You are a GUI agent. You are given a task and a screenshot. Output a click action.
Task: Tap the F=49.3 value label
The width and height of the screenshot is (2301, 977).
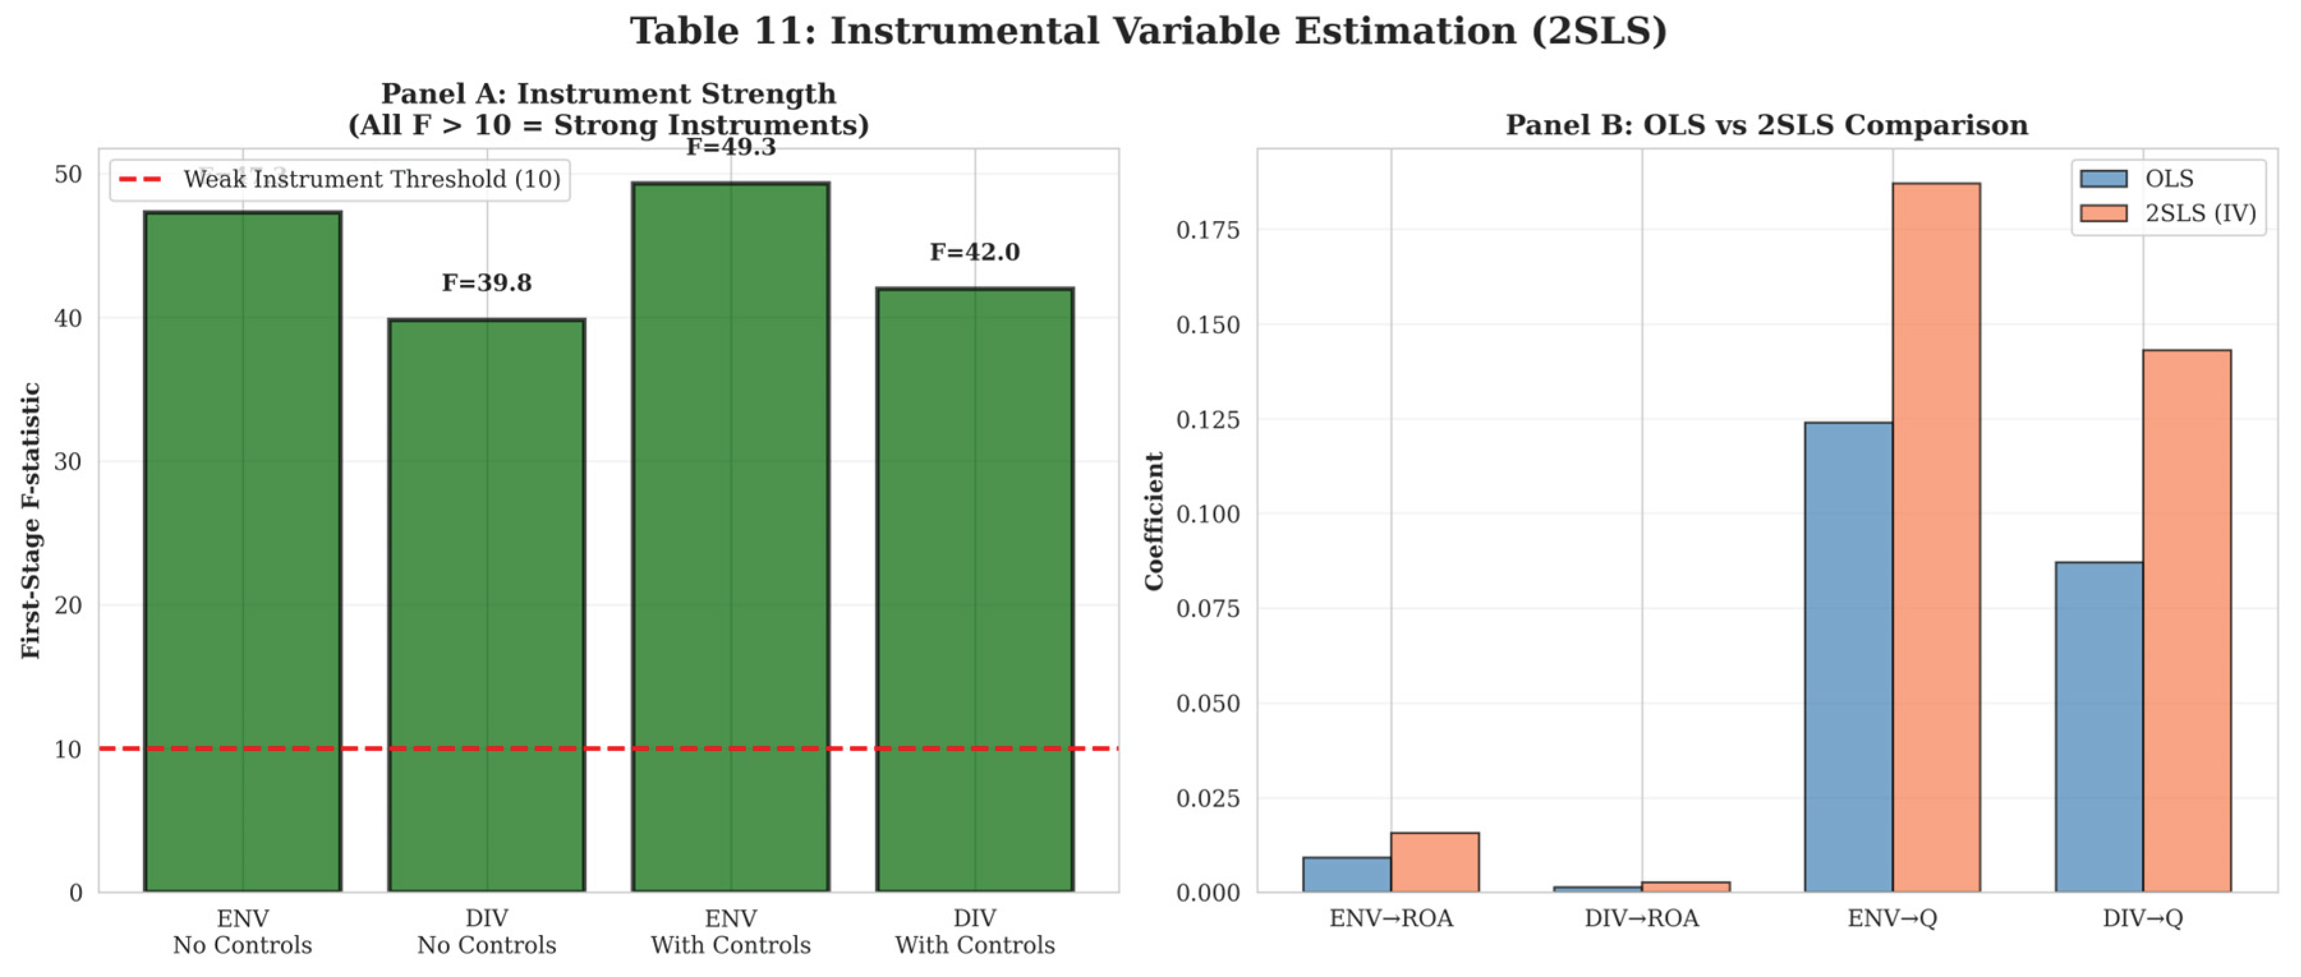point(731,148)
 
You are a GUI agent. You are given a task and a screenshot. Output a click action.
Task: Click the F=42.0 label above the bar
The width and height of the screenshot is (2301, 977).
point(975,253)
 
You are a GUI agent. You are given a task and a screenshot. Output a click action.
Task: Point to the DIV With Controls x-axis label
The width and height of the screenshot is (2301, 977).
point(975,932)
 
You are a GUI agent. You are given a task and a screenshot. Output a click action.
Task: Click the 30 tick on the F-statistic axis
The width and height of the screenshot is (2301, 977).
point(68,462)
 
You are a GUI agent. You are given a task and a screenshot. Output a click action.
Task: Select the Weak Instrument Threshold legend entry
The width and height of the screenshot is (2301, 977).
point(339,179)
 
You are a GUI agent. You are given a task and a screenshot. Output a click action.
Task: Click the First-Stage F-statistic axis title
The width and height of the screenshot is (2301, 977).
point(31,520)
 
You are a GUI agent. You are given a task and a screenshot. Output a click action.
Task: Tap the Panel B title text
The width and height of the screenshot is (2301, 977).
point(1766,125)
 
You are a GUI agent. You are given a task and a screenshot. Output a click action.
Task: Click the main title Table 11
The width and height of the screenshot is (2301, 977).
point(1149,31)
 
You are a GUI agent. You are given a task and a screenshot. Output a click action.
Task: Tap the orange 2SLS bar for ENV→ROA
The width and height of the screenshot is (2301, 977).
point(1435,862)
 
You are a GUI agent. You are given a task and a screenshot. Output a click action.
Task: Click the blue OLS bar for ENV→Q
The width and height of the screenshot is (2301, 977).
point(1848,656)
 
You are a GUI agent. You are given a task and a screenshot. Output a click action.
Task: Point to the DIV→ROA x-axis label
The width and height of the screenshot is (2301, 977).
point(1641,919)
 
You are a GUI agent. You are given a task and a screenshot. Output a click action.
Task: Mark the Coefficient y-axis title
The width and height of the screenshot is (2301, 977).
point(1154,520)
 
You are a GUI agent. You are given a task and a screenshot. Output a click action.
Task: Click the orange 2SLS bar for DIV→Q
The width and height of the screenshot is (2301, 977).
point(2187,621)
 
